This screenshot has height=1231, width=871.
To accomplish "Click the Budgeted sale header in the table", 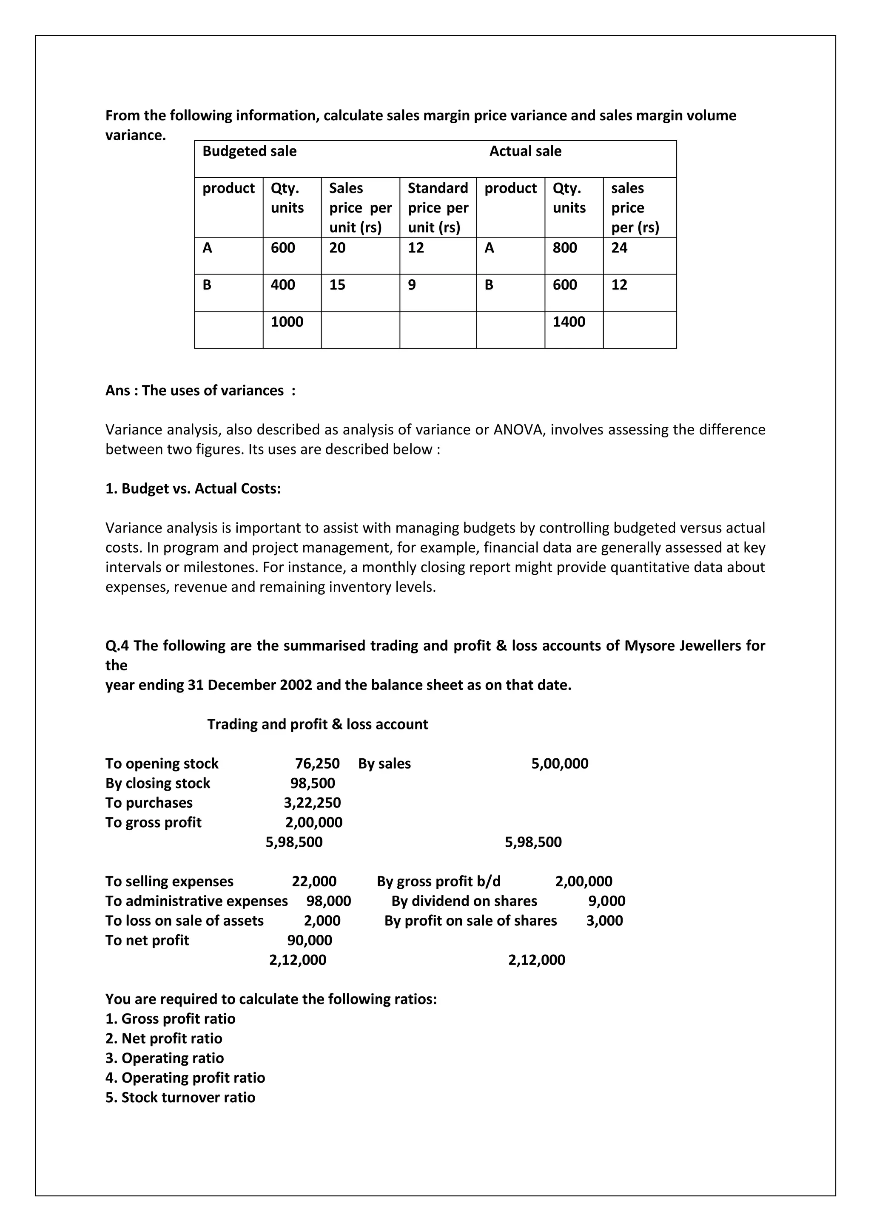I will coord(249,151).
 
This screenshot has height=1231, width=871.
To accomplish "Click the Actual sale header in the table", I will coord(525,151).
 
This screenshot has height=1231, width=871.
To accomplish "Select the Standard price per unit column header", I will coord(438,207).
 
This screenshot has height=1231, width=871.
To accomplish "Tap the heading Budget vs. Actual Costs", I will coord(193,488).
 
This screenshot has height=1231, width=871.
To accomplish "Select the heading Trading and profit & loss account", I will coord(318,724).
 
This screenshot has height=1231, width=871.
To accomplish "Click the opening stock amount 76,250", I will coord(317,763).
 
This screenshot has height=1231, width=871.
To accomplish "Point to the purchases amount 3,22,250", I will coord(312,803).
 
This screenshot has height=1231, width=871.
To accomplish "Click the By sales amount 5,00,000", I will coord(559,763).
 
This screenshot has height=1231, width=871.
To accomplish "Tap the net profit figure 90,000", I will coord(310,940).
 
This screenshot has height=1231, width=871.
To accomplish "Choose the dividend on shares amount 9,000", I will coord(606,901).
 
